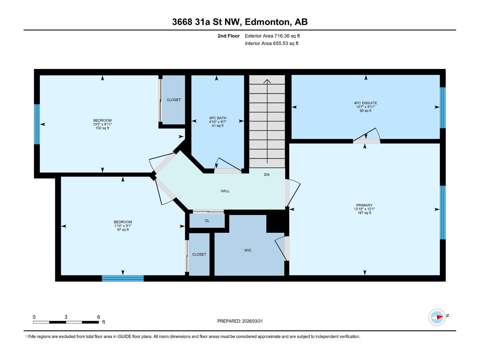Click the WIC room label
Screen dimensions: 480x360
248,250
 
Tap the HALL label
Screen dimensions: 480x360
225,191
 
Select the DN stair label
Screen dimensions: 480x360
267,175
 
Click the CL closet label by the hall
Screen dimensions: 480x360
207,221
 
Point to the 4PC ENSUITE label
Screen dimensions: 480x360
365,103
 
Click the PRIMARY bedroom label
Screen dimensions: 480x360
364,205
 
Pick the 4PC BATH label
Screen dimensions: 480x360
217,118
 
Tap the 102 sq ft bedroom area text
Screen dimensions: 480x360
102,128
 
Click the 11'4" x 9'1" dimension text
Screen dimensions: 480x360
123,226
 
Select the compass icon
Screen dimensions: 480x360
437,317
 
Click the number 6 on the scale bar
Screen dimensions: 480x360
99,317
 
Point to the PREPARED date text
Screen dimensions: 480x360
240,321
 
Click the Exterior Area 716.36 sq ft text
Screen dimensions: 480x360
272,36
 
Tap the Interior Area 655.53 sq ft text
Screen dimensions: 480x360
271,43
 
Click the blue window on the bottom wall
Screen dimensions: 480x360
123,278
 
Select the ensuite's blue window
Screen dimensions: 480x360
442,108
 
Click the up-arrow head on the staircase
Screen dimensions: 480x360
267,81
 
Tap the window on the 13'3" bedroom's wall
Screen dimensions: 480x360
37,124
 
